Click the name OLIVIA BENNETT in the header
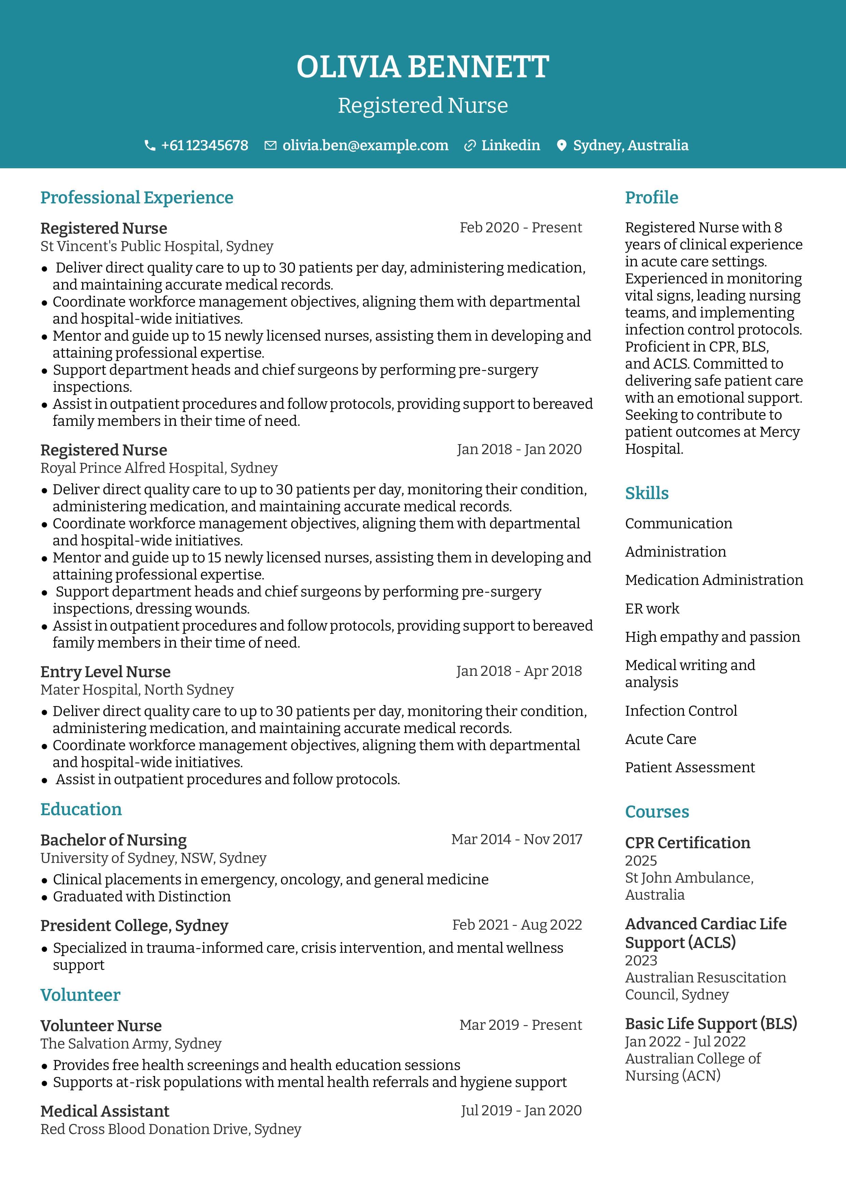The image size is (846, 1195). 422,67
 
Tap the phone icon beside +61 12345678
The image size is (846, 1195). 149,146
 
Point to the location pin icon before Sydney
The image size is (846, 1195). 561,146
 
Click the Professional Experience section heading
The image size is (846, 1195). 136,198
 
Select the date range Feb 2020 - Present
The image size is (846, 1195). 520,228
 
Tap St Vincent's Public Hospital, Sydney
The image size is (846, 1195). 157,246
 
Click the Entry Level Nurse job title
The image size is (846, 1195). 105,672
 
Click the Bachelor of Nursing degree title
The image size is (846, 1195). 113,840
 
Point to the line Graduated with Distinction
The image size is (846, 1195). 142,896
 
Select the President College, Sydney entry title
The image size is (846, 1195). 134,926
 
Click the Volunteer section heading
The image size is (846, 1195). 80,995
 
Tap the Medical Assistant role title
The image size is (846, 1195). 105,1111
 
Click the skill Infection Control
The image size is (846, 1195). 681,711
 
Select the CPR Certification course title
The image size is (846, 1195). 687,843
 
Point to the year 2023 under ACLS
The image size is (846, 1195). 641,960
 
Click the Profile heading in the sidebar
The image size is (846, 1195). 651,198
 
